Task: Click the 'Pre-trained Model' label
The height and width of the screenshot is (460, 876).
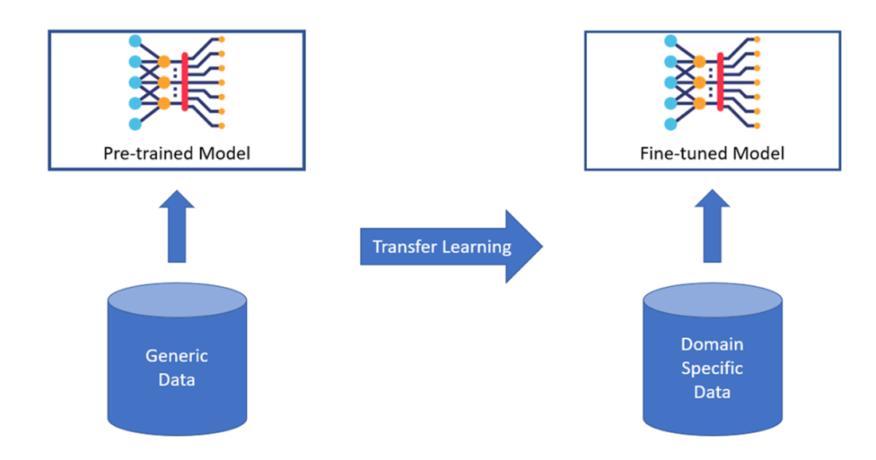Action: (176, 152)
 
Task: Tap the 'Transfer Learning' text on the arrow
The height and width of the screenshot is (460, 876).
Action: (442, 246)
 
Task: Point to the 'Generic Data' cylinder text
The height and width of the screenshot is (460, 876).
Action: (176, 367)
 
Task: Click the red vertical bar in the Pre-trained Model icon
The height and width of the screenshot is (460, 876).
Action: (185, 81)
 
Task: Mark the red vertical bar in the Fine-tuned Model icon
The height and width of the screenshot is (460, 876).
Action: (720, 81)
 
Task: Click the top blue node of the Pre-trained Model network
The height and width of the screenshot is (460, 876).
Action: (135, 41)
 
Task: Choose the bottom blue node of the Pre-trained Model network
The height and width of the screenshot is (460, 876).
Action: (135, 124)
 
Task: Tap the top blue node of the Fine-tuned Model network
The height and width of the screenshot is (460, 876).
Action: (671, 41)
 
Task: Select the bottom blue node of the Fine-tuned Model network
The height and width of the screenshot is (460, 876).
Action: (671, 124)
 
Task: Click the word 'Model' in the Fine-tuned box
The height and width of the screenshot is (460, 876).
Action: (758, 152)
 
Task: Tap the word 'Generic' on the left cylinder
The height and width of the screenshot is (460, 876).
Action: (176, 356)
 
